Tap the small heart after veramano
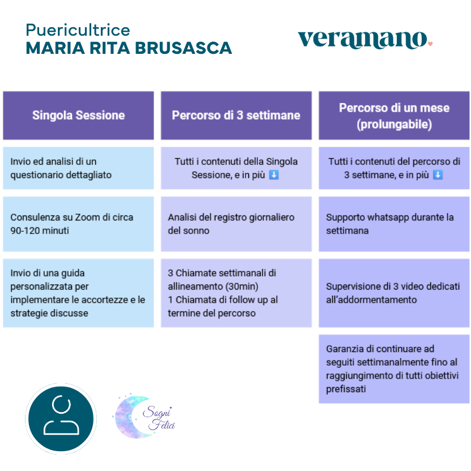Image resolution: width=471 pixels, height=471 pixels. pyautogui.click(x=430, y=44)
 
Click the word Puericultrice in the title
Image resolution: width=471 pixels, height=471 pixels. pyautogui.click(x=78, y=29)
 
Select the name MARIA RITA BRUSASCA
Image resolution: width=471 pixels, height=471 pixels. pyautogui.click(x=129, y=48)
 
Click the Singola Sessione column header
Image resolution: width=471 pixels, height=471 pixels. pyautogui.click(x=78, y=115)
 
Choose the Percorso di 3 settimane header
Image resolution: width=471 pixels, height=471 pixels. pyautogui.click(x=236, y=115)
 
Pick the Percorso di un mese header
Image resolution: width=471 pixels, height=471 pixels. pyautogui.click(x=394, y=115)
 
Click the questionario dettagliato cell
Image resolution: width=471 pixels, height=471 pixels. pyautogui.click(x=78, y=168)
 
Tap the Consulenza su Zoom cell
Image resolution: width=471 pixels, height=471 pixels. pyautogui.click(x=78, y=224)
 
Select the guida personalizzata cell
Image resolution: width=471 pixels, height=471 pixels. pyautogui.click(x=78, y=293)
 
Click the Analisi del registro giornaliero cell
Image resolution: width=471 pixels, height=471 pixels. pyautogui.click(x=236, y=224)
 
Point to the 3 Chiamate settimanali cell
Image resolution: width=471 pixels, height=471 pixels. pyautogui.click(x=236, y=293)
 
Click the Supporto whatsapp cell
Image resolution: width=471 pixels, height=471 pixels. pyautogui.click(x=394, y=224)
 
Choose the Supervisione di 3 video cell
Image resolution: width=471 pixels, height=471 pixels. pyautogui.click(x=394, y=293)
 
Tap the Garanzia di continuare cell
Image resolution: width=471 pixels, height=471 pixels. pyautogui.click(x=394, y=368)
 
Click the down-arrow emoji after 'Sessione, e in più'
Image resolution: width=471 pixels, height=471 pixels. pyautogui.click(x=274, y=175)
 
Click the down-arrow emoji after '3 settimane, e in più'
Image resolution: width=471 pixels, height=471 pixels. pyautogui.click(x=438, y=175)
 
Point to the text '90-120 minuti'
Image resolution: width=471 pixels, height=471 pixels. pyautogui.click(x=39, y=231)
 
